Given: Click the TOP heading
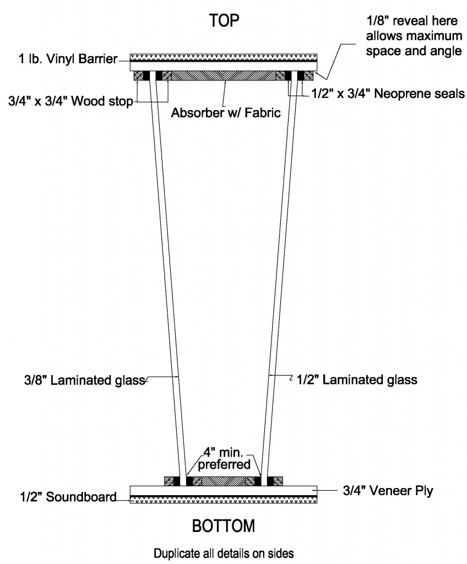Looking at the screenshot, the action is [x=224, y=20].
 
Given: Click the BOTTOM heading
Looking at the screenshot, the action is [x=224, y=526].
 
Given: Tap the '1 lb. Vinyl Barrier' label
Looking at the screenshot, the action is [x=68, y=58].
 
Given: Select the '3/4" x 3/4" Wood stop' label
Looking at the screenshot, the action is [x=71, y=101].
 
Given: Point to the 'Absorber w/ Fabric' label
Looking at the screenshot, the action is [x=226, y=112].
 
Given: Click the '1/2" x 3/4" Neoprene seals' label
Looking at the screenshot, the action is [x=388, y=94].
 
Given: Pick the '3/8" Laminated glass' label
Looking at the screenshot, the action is [x=85, y=380].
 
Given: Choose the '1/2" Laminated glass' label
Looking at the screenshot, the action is [x=357, y=380].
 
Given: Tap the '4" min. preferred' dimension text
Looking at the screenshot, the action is [x=224, y=458].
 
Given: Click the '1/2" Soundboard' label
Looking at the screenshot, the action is [x=68, y=497].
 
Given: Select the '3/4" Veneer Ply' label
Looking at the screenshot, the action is [x=388, y=491].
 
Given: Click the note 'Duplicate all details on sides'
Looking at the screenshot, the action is [x=224, y=553].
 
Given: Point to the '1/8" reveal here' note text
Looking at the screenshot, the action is [x=412, y=21].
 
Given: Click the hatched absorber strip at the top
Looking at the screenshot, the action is [x=224, y=75].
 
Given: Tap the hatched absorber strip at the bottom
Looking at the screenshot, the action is [x=224, y=481].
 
